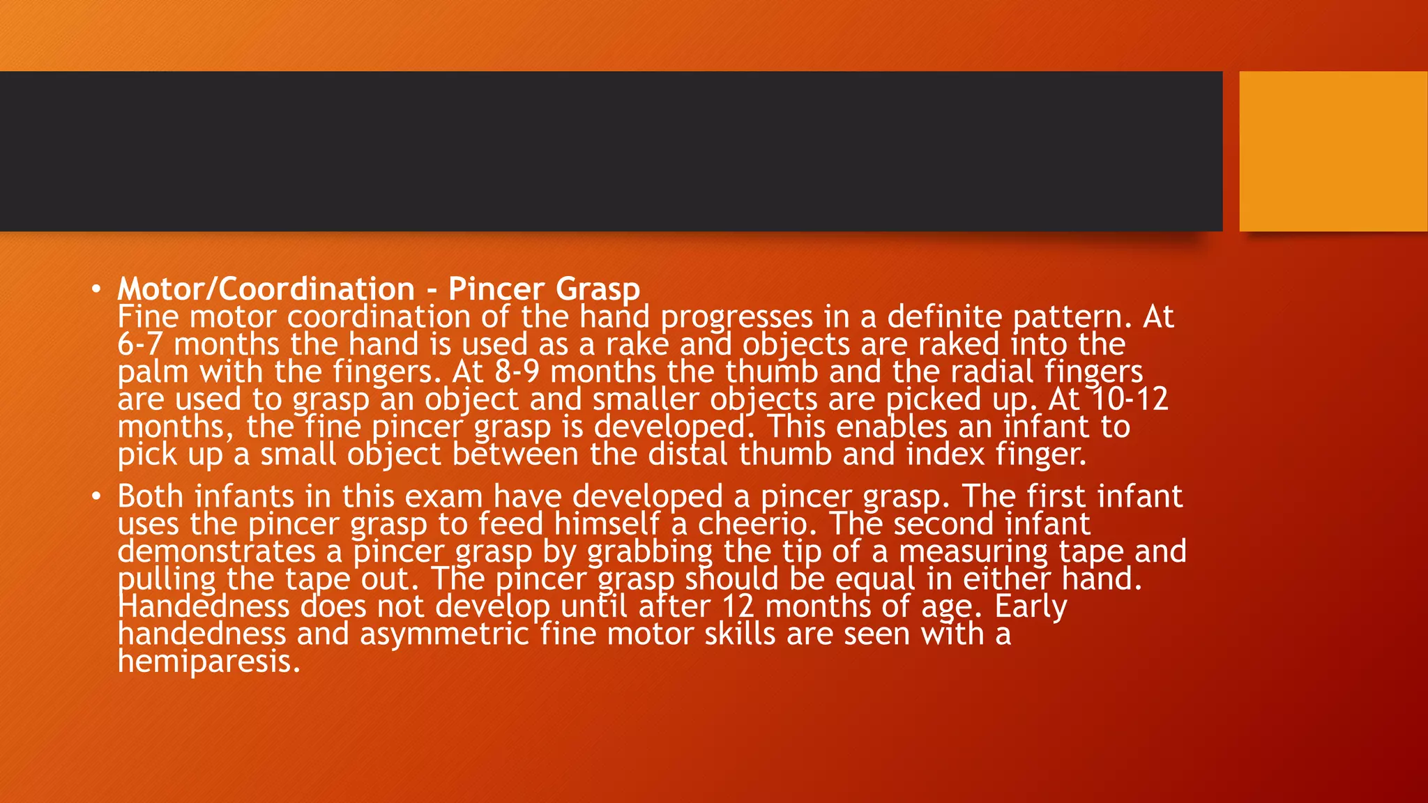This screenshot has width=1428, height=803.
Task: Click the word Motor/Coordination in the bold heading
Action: click(x=266, y=289)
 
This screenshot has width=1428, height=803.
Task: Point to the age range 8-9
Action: click(x=517, y=372)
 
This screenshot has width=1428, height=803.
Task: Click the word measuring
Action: click(x=973, y=552)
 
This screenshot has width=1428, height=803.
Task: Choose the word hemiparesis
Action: click(x=208, y=661)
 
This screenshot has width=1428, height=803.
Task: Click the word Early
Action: click(x=1030, y=606)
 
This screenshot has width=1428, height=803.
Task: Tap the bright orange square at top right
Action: click(x=1332, y=151)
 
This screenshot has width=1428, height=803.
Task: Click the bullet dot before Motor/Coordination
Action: click(x=97, y=289)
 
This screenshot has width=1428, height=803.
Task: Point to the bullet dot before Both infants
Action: click(x=97, y=496)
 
